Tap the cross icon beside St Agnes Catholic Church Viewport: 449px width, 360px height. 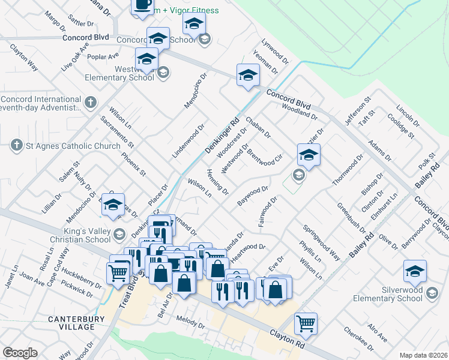[x=16, y=145]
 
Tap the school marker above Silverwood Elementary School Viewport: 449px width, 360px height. [x=415, y=271]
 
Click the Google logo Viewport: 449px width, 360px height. [x=20, y=353]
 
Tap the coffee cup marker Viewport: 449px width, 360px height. [x=143, y=5]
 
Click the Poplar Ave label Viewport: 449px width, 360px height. [x=104, y=57]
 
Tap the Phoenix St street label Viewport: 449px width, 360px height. [x=133, y=164]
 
